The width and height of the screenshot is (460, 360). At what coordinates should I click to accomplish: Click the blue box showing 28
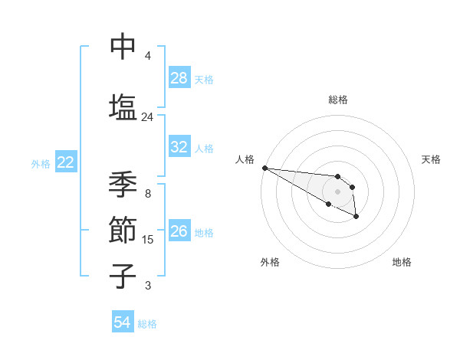[179, 78]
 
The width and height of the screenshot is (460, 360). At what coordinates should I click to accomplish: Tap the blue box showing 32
[179, 147]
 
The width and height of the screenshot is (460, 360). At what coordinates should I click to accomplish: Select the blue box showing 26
[179, 231]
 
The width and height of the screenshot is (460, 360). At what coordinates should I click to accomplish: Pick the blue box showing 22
[66, 162]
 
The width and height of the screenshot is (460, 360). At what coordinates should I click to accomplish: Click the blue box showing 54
[123, 323]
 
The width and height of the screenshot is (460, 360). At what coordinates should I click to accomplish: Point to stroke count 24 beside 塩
[148, 117]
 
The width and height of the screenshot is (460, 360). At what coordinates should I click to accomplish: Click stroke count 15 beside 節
[148, 240]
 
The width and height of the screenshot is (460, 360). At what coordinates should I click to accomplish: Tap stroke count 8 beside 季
[148, 194]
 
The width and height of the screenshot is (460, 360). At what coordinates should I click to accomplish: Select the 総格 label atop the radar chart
[338, 100]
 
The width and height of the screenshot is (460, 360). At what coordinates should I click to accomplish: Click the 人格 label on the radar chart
[245, 159]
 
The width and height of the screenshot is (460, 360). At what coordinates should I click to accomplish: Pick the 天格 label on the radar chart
[432, 159]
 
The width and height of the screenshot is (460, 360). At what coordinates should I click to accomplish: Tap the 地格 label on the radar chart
[402, 262]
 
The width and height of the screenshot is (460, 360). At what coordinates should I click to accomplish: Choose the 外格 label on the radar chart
[270, 262]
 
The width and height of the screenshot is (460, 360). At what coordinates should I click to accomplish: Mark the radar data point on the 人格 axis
[264, 168]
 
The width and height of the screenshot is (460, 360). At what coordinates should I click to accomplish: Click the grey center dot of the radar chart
[338, 191]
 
